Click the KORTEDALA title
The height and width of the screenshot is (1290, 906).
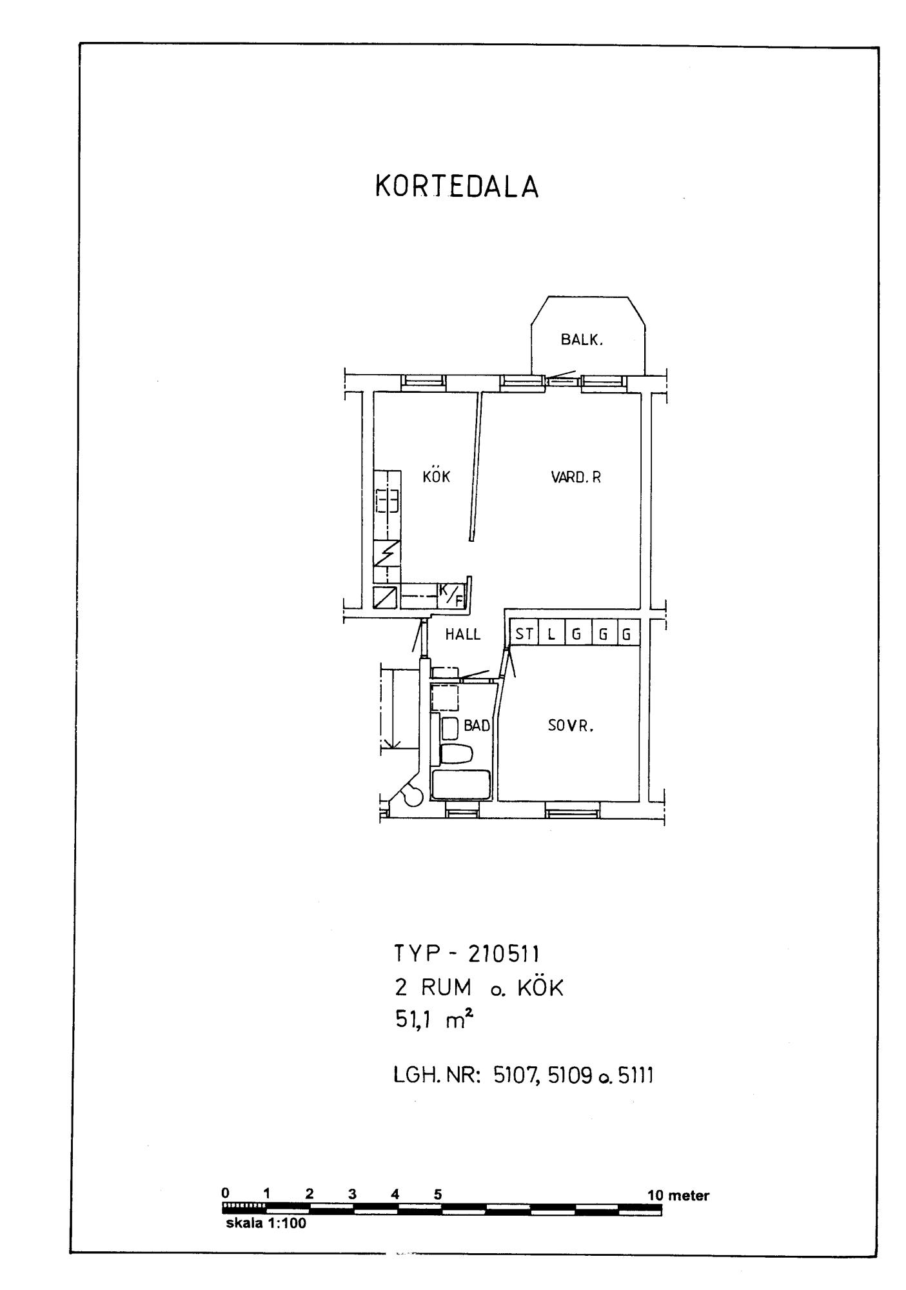(x=457, y=187)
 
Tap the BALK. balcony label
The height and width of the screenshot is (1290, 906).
(x=582, y=340)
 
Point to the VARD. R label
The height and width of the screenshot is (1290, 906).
(x=576, y=477)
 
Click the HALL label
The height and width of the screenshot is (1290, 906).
(x=463, y=635)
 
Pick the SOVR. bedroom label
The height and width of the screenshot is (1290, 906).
(x=570, y=726)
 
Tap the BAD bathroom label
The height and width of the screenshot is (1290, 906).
(x=477, y=726)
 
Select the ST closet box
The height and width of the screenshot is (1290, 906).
(x=524, y=633)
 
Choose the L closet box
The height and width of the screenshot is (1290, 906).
(x=551, y=633)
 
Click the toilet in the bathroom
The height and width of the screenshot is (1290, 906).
(x=456, y=753)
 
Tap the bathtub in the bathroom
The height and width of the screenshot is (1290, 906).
(x=461, y=785)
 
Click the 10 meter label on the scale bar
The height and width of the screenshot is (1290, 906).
(x=678, y=1195)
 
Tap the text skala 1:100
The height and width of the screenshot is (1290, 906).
(x=266, y=1223)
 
